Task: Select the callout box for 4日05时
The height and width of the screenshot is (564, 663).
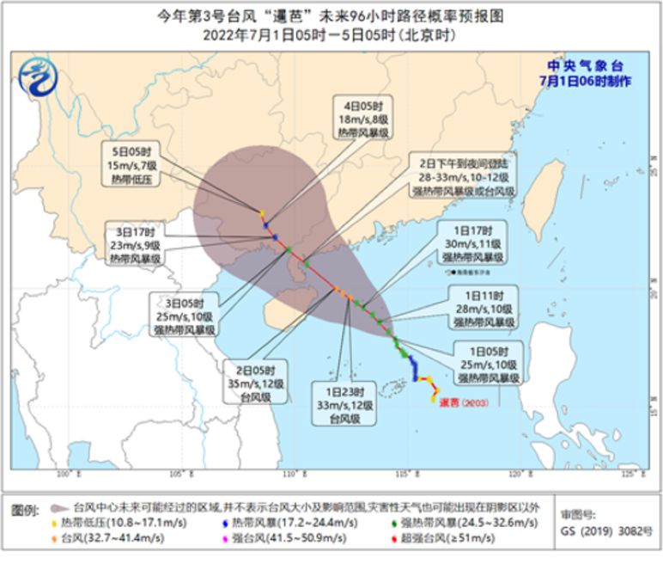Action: pos(361,119)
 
